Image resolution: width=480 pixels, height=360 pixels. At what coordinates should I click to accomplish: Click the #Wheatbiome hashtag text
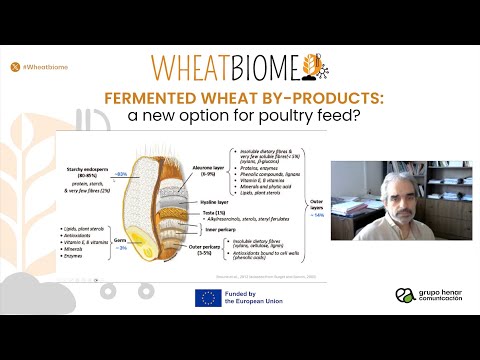tap(44, 66)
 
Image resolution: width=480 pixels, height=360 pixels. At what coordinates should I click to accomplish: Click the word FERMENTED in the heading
tap(154, 98)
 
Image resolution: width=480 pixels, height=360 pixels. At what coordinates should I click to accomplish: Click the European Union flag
tap(208, 296)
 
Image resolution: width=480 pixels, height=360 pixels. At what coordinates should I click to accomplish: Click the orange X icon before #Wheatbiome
tap(14, 66)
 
